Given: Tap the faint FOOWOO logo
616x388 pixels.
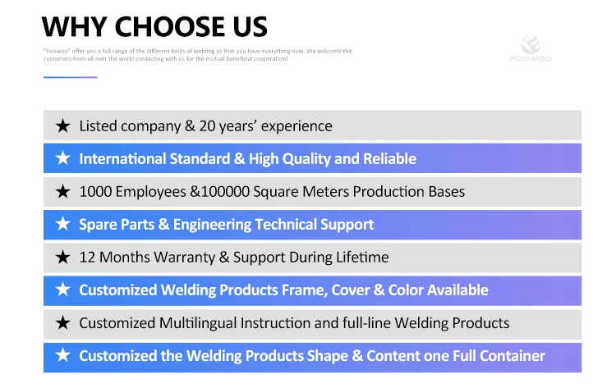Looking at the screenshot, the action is tap(531, 48).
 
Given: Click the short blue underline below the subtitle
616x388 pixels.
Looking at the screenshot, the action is tap(71, 77).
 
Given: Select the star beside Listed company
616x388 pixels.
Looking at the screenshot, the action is tap(63, 126).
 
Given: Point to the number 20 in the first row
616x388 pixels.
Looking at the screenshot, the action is tap(207, 126).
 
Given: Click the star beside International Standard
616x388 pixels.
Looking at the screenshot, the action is tap(63, 158).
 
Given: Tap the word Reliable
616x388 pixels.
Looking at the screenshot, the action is tap(389, 158).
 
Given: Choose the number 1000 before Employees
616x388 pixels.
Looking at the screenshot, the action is tap(95, 191).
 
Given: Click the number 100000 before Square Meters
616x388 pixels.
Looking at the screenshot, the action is tap(226, 191).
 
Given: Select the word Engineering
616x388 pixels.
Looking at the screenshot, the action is tap(212, 225).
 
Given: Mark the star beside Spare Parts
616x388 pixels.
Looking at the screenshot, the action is tap(63, 224).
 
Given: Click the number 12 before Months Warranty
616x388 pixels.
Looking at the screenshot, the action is tap(87, 258).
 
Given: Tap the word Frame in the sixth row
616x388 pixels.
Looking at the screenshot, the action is tap(305, 290).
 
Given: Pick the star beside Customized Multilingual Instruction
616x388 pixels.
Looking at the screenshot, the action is tap(63, 323).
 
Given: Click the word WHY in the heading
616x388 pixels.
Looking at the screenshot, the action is tap(74, 27).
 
